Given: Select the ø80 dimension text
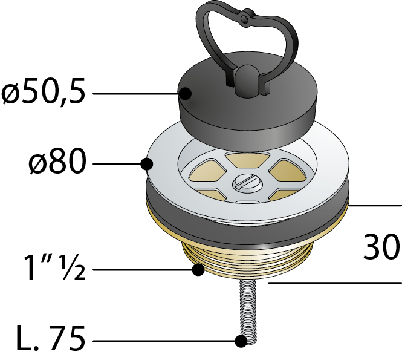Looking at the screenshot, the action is [x=57, y=162].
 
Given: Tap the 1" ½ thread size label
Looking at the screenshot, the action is [x=54, y=267].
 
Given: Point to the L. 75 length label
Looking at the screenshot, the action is [x=51, y=338].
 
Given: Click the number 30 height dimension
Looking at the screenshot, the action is [x=381, y=246].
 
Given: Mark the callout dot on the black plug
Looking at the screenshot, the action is [x=185, y=94].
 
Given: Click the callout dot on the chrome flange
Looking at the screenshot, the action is [x=147, y=164].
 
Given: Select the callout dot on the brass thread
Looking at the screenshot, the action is [x=198, y=270].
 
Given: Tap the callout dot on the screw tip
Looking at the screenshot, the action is [x=241, y=341].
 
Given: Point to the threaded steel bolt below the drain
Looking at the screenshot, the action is [x=248, y=311].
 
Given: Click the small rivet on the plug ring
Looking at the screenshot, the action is [x=245, y=18].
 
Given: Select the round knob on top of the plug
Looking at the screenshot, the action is [x=247, y=80].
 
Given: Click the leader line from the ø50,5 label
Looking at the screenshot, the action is [x=136, y=94].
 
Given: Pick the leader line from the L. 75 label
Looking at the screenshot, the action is [x=164, y=341].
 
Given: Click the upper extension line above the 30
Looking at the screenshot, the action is [x=375, y=205].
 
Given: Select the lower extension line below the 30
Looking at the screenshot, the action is [x=335, y=283].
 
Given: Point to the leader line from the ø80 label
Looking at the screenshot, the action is [x=117, y=164].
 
